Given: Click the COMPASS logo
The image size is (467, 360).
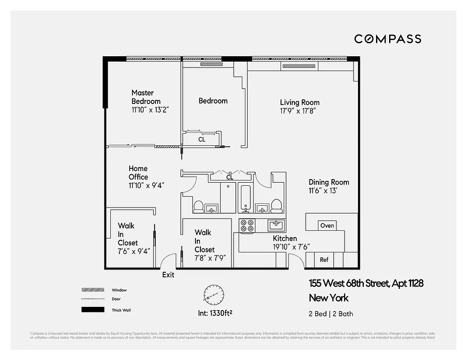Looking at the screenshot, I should pos(387,39).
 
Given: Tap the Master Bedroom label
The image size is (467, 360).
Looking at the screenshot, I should pos(145,97).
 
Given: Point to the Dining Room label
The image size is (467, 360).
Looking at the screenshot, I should pos(329,182).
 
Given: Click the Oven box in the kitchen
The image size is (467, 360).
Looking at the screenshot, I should pos(327,225).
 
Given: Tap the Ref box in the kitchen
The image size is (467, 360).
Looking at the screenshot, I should pos(324,260).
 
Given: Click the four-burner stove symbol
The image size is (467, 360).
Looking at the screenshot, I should pos(247,225).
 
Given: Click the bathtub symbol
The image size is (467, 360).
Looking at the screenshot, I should pos(245,198).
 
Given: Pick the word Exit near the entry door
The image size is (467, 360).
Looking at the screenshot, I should pos(168,274).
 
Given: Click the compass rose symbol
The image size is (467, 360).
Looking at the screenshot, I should pos(213,296).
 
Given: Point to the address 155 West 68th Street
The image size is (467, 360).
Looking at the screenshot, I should pos(366,283).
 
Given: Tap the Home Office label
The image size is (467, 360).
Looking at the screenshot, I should pos(138,173).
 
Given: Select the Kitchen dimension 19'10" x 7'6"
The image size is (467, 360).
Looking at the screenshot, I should pos(290,247).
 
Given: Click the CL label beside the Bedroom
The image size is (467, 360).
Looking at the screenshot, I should pos(202,139).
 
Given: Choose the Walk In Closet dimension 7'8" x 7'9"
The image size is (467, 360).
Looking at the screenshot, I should pos(210,258).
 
